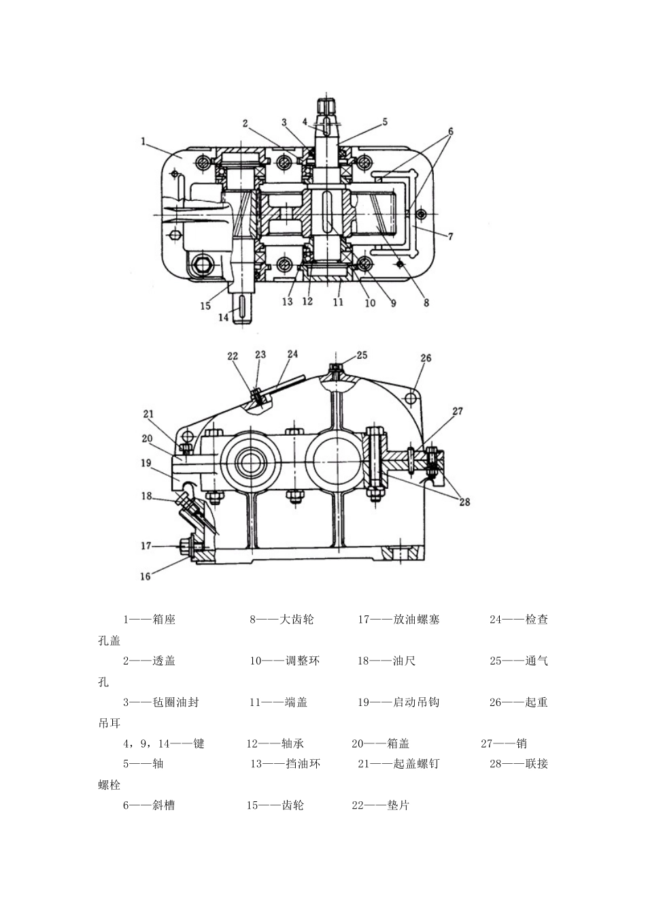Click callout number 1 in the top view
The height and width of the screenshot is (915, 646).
point(143,142)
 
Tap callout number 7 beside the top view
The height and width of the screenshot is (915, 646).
point(450,237)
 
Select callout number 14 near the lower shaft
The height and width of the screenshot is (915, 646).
point(224,317)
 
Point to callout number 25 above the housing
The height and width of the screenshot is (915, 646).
point(362,355)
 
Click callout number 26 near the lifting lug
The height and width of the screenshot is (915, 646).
point(426,358)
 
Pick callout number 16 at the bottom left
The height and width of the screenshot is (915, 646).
point(146,576)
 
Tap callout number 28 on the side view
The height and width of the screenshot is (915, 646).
point(464,502)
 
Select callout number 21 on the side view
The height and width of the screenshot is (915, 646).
point(149,414)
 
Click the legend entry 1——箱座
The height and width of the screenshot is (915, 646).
point(149,620)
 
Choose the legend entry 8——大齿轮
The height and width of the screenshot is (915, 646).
point(282,620)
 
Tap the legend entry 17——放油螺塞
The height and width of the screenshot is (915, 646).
point(399,620)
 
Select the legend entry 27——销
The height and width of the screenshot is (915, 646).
point(504,743)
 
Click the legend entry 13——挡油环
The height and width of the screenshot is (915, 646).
point(285,764)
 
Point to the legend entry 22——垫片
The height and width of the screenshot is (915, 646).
point(381,805)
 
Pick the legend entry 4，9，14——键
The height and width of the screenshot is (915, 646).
point(163,743)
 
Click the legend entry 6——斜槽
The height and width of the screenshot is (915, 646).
point(149,805)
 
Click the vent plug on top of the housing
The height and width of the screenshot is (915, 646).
point(337,370)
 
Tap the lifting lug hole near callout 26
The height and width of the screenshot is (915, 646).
point(413,396)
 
